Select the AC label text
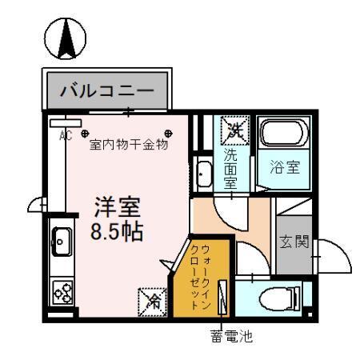point(66,136)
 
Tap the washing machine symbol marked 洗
point(234,128)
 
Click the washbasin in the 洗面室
point(204,173)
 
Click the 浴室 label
point(284,169)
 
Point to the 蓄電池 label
point(232,338)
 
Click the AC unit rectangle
point(60,124)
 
